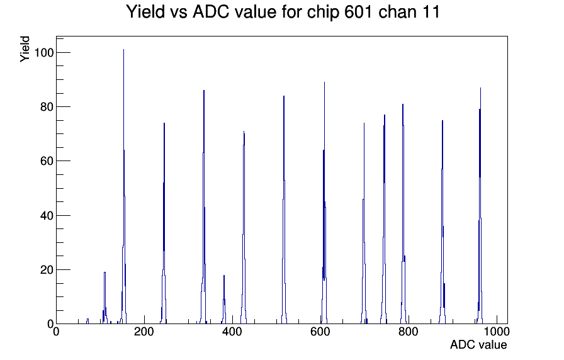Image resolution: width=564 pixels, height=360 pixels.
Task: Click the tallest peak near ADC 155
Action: (x=124, y=187)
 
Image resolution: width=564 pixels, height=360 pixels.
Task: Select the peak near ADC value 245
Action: (x=164, y=223)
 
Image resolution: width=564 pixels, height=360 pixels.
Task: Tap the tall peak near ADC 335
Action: (x=203, y=207)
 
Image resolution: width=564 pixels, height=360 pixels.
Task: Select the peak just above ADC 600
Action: (x=324, y=203)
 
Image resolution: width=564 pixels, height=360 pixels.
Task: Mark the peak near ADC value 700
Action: (x=364, y=223)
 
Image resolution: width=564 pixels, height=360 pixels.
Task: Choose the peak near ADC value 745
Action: (x=384, y=219)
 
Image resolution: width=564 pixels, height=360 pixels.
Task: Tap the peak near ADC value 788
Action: (x=403, y=213)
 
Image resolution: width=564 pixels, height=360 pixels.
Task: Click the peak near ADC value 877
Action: (x=443, y=222)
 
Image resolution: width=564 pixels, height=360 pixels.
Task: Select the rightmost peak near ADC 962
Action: (x=480, y=205)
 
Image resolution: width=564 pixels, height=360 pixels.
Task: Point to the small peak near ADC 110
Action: (x=104, y=298)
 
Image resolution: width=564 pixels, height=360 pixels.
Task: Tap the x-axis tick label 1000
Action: (x=497, y=332)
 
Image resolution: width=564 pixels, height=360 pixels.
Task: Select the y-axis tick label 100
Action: (x=43, y=53)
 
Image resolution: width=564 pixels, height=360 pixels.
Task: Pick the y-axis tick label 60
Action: (x=47, y=162)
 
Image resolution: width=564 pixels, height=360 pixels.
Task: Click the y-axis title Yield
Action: (x=25, y=49)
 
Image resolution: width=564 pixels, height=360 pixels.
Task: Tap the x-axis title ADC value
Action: (x=478, y=345)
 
